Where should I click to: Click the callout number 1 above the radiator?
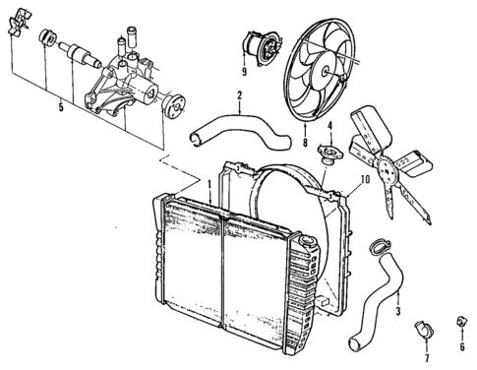point(209,183)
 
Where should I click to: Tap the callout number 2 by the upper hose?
point(239,94)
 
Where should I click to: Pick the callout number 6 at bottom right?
point(463,346)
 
